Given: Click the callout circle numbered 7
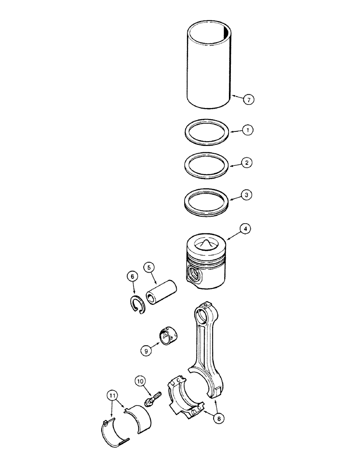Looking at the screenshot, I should pos(249,99).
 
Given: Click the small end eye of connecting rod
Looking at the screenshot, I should pos(203,315).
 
